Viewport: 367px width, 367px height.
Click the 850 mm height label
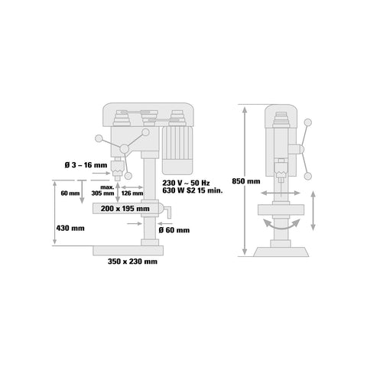(246, 181)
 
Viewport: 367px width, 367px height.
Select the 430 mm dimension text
(70, 228)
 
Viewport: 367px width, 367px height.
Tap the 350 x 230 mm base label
(132, 261)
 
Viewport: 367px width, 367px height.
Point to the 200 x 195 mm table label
(125, 209)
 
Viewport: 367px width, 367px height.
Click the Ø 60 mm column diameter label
(174, 230)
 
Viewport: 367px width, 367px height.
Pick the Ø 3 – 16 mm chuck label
(86, 165)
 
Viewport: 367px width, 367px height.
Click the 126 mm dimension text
(132, 193)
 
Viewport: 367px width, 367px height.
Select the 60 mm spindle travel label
(70, 193)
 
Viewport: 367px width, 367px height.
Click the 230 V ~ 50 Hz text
(186, 183)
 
